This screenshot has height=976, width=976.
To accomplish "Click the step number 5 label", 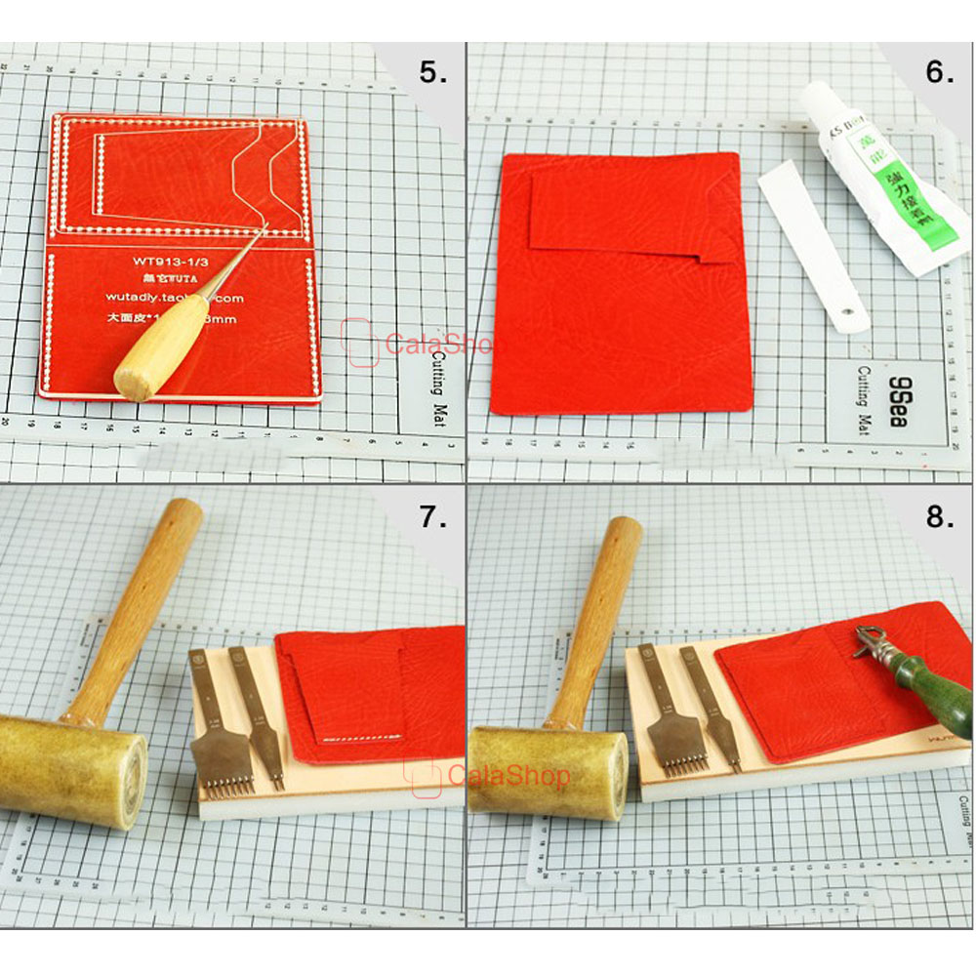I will point(433,73).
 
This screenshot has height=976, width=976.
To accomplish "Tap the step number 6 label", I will point(939,73).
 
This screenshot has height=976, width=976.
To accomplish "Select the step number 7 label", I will point(433,517).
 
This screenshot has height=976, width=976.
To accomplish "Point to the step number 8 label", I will point(939,517).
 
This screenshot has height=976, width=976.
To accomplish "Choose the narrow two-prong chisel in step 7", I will point(263,712).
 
